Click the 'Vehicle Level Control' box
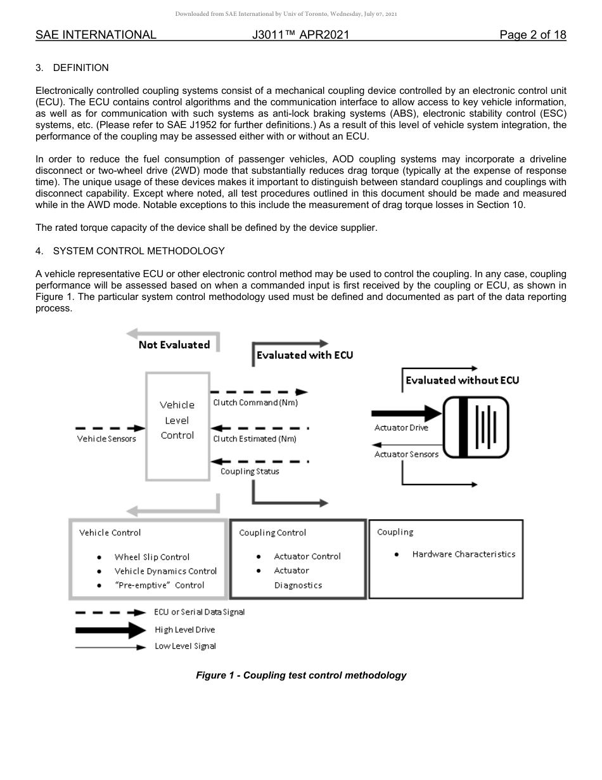(177, 420)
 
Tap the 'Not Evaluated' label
(174, 345)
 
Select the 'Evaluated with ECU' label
(305, 355)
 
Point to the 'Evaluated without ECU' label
(462, 380)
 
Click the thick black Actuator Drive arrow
(406, 414)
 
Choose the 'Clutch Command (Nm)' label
(255, 403)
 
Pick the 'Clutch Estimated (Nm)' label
(255, 439)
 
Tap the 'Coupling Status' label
(250, 471)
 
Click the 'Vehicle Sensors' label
(106, 439)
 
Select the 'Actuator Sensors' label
(406, 454)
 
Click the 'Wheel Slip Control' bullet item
(152, 557)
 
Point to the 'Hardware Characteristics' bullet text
(463, 554)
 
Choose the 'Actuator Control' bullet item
(307, 557)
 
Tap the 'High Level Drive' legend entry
(184, 630)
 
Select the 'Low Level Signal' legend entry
(185, 646)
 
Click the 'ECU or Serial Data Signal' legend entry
(199, 612)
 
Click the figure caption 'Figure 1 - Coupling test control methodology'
(301, 675)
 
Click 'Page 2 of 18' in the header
(532, 35)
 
